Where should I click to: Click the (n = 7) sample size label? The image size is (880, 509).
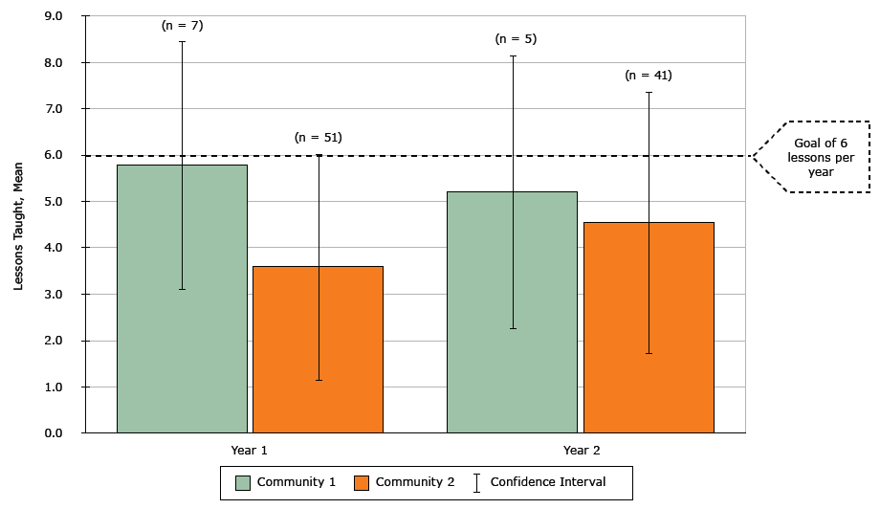182,26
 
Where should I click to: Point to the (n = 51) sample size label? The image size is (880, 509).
318,138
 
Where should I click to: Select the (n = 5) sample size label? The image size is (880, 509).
516,39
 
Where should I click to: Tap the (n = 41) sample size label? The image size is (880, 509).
649,75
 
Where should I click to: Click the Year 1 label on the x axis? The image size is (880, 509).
250,449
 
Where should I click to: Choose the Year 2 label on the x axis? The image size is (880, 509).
582,449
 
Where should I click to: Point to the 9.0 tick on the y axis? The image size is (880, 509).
54,16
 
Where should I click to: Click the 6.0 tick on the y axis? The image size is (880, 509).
54,155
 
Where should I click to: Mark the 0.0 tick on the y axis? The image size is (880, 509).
54,433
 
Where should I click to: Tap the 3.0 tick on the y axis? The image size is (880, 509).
54,295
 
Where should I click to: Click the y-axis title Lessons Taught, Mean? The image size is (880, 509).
18,225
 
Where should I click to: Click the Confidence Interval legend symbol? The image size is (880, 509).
476,482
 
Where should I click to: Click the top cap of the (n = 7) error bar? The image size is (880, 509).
182,42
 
